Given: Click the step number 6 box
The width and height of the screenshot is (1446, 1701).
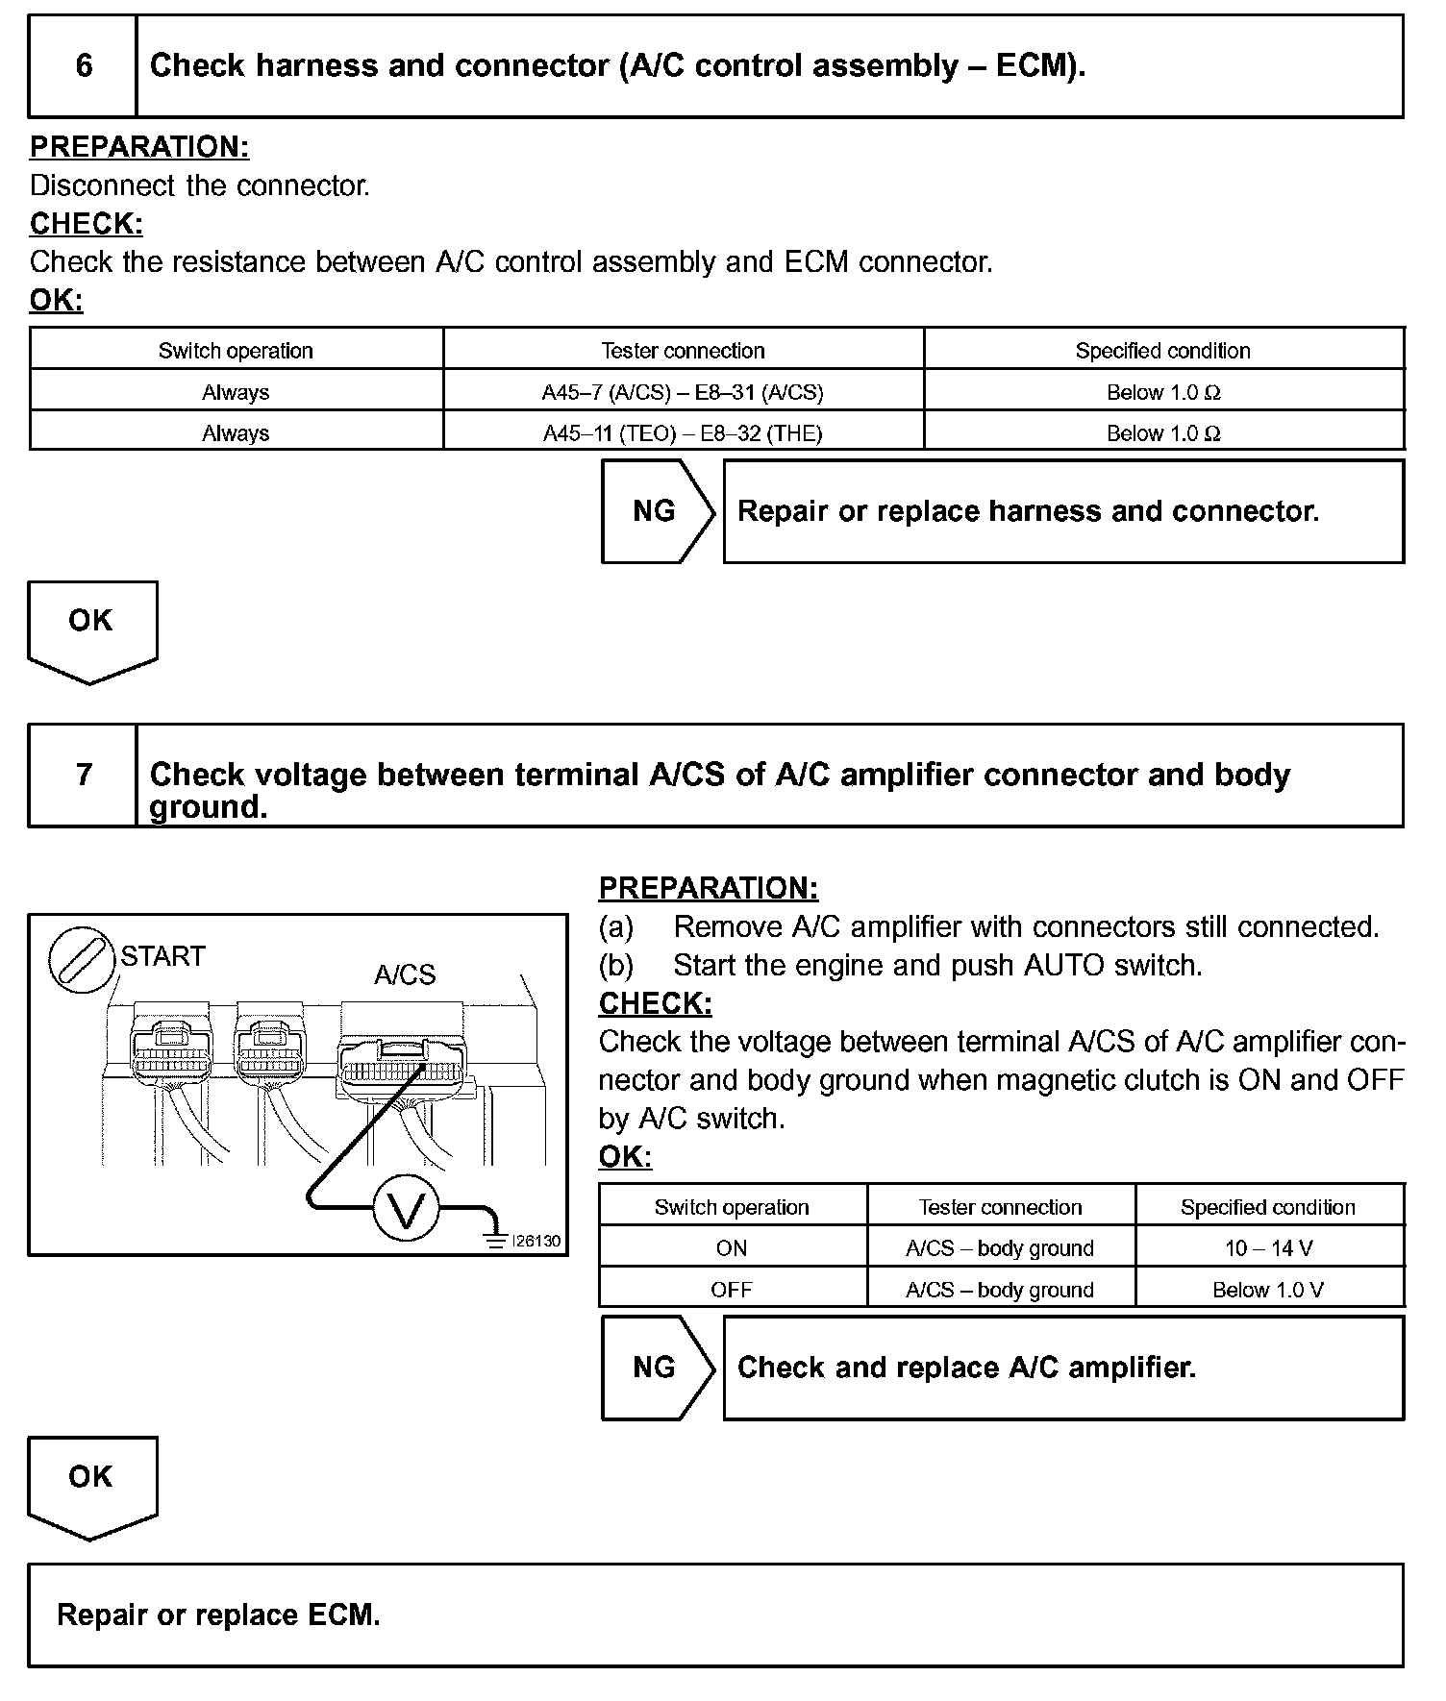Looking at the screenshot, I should (84, 65).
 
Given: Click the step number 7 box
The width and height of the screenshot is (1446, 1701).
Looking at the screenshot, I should (84, 775).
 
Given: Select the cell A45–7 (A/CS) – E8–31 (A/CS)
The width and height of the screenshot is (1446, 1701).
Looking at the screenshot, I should (683, 392).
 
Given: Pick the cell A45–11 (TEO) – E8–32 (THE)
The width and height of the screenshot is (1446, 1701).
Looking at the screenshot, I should (683, 433).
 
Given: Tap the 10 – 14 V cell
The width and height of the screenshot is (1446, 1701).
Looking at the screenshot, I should (1268, 1248).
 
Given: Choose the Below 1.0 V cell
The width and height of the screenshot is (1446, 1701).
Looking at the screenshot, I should (1268, 1290).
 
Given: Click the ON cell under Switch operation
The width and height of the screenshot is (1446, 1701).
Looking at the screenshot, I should (732, 1248).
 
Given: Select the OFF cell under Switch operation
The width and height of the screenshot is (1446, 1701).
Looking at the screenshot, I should (732, 1290).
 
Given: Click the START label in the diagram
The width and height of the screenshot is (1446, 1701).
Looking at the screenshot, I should (162, 956).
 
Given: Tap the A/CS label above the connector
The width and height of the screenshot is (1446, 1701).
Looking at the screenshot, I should (405, 974).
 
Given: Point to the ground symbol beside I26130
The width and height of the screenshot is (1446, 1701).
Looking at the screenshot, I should (496, 1240).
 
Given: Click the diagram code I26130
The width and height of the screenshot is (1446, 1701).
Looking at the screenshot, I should (536, 1241).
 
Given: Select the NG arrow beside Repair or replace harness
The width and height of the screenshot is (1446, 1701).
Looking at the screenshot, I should (657, 511).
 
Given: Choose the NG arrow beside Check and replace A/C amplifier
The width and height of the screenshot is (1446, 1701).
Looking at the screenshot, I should (657, 1368).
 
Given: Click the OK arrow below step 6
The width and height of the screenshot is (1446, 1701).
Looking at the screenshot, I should (91, 627).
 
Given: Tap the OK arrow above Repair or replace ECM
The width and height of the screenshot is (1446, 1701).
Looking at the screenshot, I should (91, 1483).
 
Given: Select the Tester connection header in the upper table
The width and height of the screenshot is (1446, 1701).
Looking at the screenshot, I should (683, 351).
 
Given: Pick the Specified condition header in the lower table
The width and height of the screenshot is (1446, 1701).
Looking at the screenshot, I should (1268, 1207).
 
